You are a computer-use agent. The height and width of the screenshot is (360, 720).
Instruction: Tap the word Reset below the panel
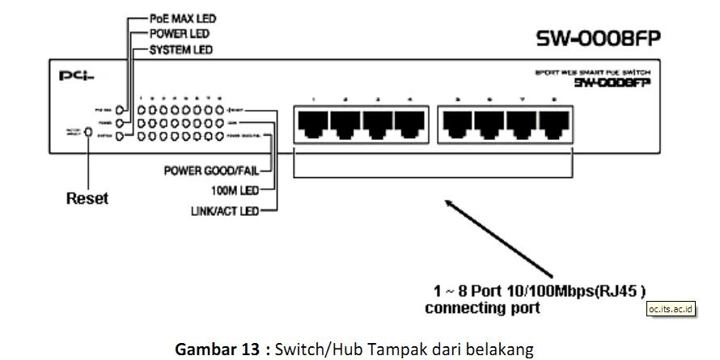pos(87,198)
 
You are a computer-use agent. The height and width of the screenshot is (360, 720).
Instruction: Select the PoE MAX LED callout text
pos(184,18)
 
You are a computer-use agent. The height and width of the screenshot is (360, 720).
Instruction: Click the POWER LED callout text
pos(180,34)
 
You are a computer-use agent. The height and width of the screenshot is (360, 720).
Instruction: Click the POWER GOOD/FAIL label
pos(216,171)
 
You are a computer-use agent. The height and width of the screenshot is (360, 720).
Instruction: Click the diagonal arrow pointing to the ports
pos(498,237)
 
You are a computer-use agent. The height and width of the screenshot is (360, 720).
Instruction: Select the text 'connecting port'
pos(482,308)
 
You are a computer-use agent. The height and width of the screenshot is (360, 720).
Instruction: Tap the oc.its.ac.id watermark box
pos(671,308)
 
